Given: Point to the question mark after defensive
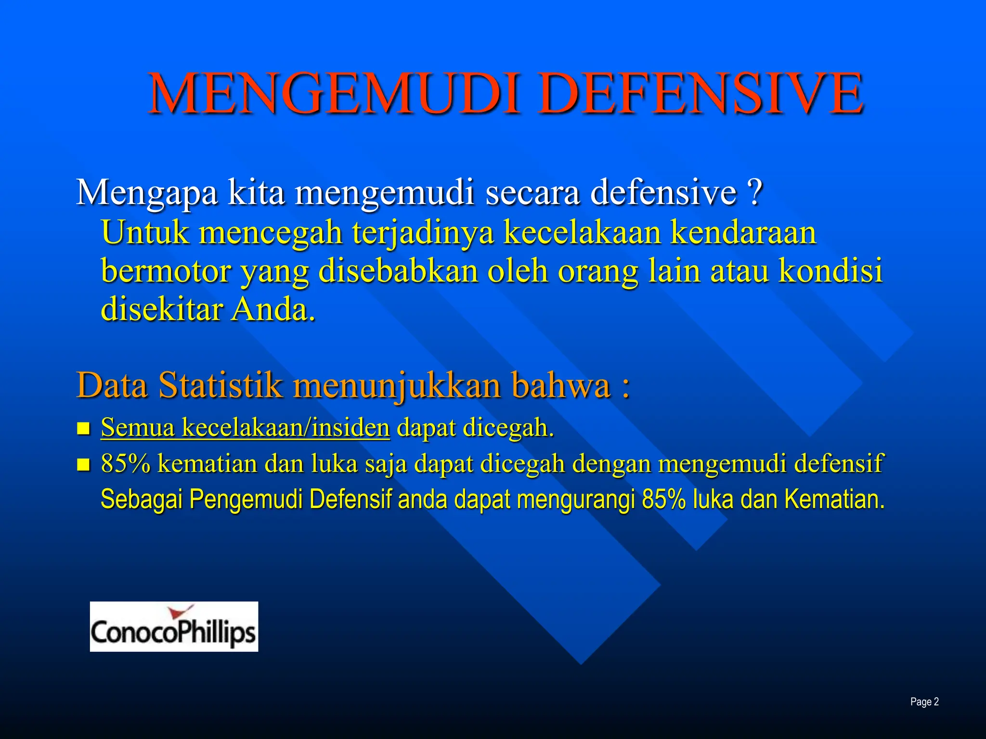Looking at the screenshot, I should coord(756,192).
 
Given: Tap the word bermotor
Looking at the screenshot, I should coord(166,271).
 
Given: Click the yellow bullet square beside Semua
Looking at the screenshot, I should coord(84,428).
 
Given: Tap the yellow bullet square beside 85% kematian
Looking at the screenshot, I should coord(84,465).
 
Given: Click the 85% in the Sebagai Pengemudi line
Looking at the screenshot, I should coord(663,499).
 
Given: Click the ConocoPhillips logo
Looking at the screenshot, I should coord(174,627).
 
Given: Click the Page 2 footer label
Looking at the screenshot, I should coord(924,702).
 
